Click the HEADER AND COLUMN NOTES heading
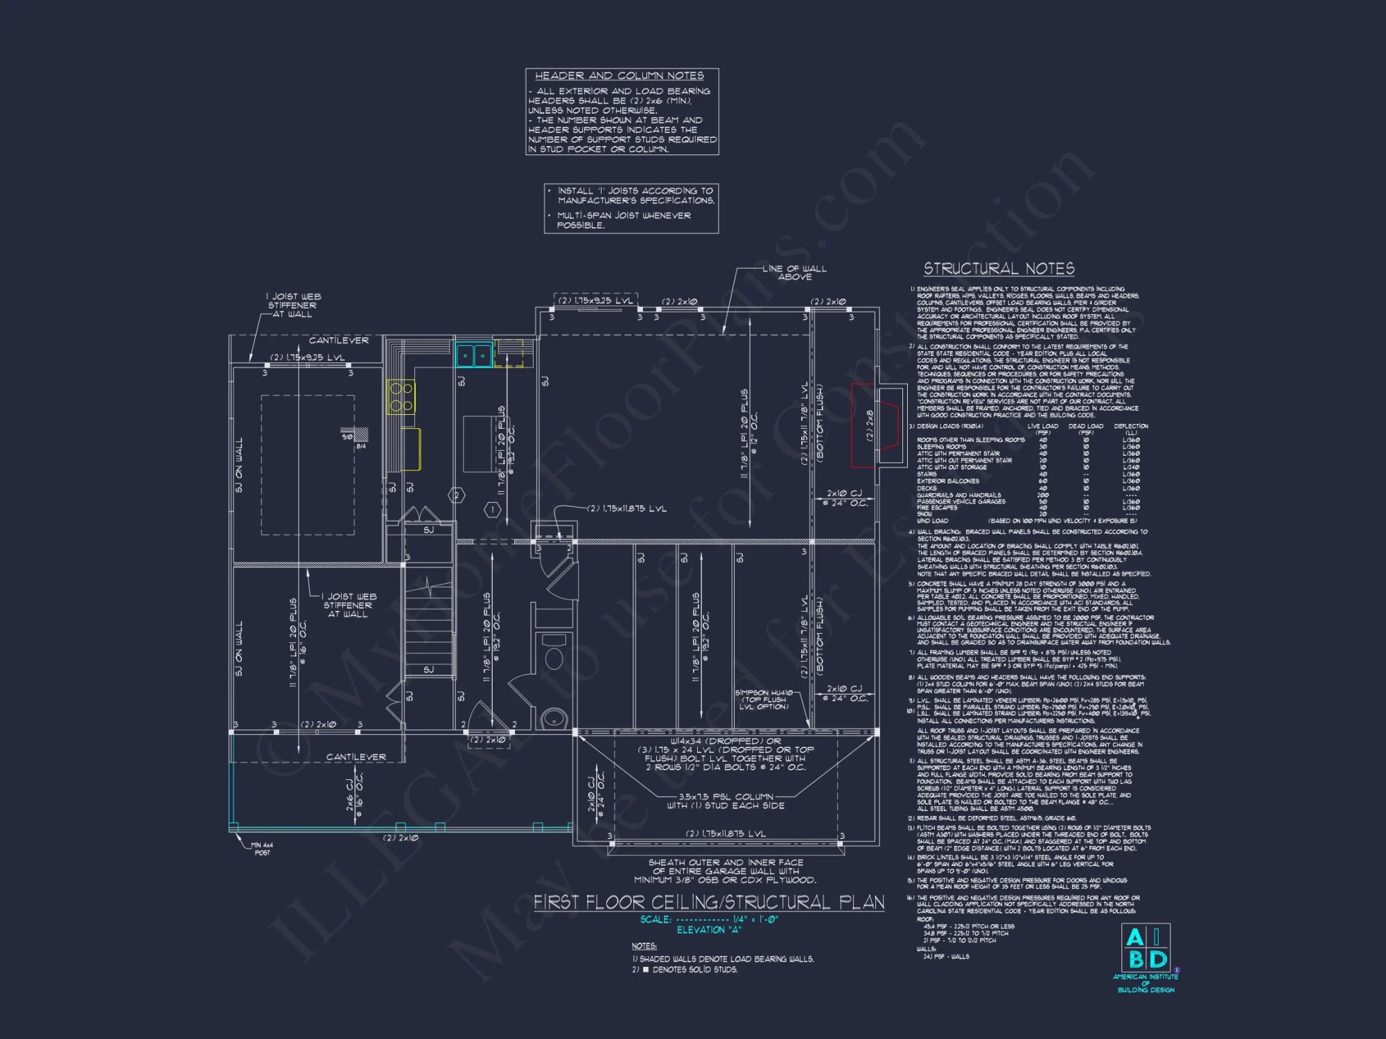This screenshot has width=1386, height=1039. point(619,76)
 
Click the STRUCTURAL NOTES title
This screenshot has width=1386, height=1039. point(999,269)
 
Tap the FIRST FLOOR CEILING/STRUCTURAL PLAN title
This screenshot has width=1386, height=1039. point(708,902)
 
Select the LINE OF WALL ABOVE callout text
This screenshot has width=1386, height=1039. point(794,272)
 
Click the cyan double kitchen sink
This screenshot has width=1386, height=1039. point(474,355)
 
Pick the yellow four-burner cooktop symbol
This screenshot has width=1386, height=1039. point(401,397)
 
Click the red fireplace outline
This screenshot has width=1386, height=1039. point(863,425)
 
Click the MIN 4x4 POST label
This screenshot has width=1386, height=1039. point(262,849)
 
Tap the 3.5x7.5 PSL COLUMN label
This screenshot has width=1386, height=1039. point(726,801)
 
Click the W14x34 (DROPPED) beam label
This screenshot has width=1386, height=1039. point(725,740)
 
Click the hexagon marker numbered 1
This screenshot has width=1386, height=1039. point(492,510)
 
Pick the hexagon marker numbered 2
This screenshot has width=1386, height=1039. point(456,495)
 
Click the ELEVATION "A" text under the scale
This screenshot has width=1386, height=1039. point(708,930)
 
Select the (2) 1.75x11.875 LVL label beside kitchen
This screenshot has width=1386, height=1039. point(626,508)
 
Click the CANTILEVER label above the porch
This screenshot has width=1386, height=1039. point(356,757)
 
